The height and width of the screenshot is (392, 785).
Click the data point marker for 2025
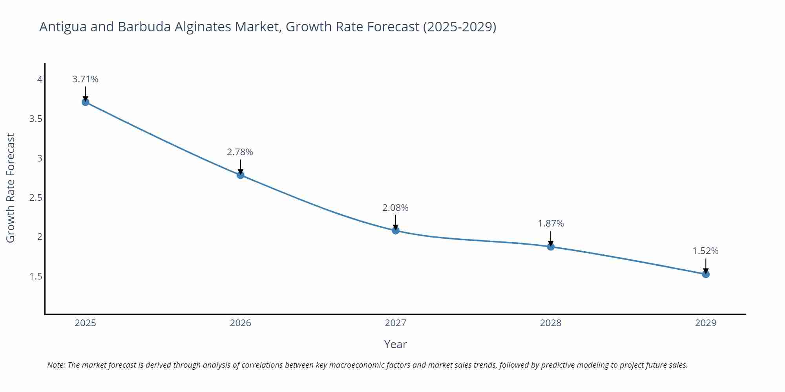coord(85,102)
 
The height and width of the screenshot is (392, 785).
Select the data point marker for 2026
coord(241,175)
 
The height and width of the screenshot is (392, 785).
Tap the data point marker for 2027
coord(396,230)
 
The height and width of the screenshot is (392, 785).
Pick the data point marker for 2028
coord(551,247)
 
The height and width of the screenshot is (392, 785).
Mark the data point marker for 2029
coord(706,274)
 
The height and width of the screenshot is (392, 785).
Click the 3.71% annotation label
coord(85,79)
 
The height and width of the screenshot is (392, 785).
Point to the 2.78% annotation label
coord(240,152)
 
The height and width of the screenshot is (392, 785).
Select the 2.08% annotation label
coord(395,208)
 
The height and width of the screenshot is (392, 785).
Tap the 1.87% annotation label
coord(551,223)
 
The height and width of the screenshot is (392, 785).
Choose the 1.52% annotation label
coord(705,251)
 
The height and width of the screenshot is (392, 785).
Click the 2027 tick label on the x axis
coord(396,323)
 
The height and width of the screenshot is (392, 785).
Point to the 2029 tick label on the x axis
coord(706,323)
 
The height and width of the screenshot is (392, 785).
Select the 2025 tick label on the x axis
coord(85,323)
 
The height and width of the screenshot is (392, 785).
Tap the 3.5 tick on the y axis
coord(36,119)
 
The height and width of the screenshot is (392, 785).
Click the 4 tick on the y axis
coord(40,80)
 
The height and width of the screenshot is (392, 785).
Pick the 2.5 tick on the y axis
coord(36,198)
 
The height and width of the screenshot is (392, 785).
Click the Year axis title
coord(395,344)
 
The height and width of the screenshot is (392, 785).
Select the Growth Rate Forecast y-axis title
coord(11,188)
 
